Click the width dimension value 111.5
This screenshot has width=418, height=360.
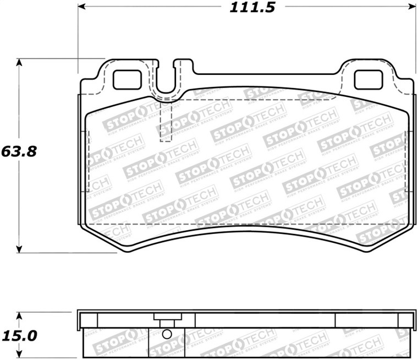pyautogui.click(x=246, y=8)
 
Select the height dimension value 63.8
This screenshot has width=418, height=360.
pyautogui.click(x=19, y=151)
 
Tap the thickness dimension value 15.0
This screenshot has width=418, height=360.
pyautogui.click(x=19, y=335)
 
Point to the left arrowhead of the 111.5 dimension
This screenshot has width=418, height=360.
pyautogui.click(x=81, y=8)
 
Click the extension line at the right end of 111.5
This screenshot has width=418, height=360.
pyautogui.click(x=414, y=39)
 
